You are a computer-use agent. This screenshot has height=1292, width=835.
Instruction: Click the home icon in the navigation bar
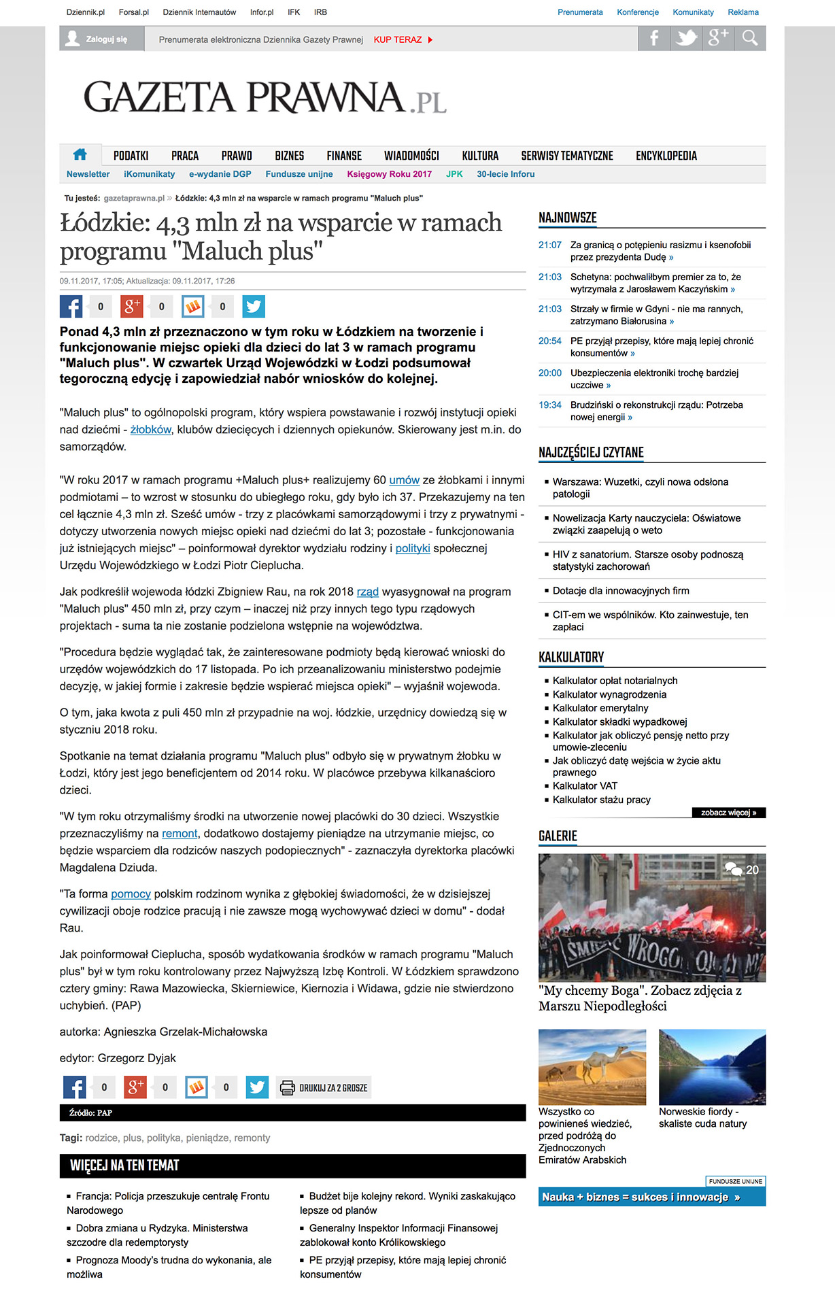point(80,154)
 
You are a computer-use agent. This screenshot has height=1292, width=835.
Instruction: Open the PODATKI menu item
point(131,156)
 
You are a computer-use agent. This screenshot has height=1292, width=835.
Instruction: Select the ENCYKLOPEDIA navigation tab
point(666,156)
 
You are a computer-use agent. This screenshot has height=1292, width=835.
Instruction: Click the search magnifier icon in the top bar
point(749,39)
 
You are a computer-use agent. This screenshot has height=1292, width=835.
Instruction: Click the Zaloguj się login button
point(101,39)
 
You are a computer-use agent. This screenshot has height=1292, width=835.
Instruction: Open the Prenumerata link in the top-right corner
point(580,12)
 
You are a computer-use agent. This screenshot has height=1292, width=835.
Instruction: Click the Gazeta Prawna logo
point(265,97)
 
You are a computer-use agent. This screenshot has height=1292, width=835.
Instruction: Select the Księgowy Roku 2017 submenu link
point(389,174)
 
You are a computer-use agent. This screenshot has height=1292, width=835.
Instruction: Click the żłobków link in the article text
point(151,430)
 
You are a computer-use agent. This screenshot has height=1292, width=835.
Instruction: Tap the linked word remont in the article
point(180,834)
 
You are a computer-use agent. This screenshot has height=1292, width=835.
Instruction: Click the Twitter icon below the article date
point(254,307)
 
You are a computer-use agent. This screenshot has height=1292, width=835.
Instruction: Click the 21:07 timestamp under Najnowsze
point(549,245)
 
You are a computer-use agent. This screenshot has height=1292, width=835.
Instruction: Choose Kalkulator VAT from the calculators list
point(585,786)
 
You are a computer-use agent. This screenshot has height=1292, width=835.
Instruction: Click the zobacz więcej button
point(728,813)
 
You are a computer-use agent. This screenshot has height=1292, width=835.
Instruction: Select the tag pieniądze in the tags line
point(208,1138)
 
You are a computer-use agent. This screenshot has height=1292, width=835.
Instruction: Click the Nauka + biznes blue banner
point(651,1197)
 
